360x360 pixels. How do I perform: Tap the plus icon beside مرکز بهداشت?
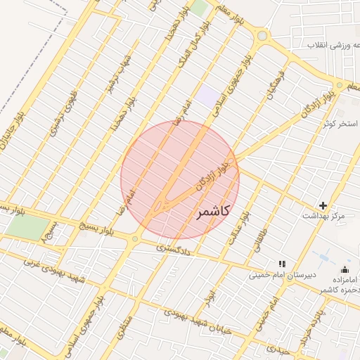tap(323, 205)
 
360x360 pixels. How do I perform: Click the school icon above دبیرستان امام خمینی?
tap(283, 264)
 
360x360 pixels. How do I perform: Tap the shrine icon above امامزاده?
tap(345, 269)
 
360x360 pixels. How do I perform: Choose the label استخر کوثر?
tap(338, 124)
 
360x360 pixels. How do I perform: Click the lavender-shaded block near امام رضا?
tap(207, 96)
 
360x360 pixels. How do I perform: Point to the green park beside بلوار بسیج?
tap(23, 226)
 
